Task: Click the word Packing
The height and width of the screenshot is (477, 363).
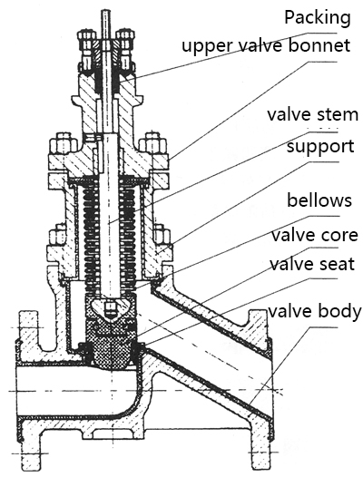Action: tap(316, 16)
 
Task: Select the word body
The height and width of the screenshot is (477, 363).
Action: tap(339, 312)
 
